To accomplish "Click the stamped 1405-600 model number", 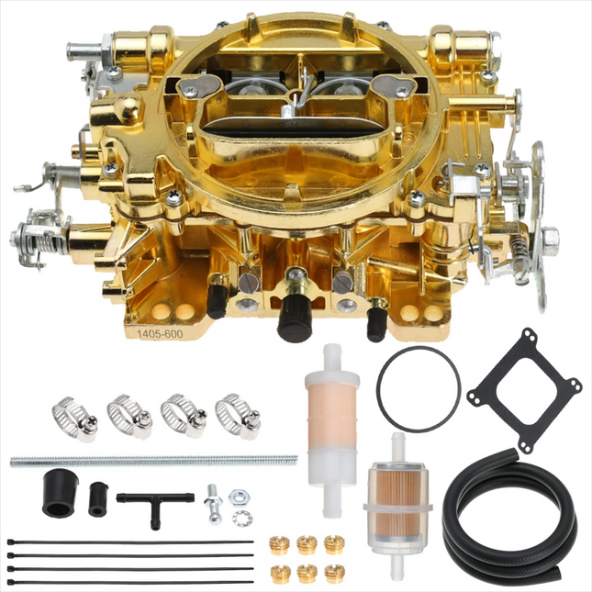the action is coord(160,334).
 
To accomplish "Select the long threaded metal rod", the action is coord(153,461).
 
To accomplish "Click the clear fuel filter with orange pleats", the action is coord(398,507).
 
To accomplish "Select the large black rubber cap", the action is coord(60,493).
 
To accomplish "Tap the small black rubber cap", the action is coord(98,498).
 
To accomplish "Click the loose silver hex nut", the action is coord(240,497).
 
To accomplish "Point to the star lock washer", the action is coord(240,519).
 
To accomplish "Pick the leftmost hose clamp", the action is coord(74,419).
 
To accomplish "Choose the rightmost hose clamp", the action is coord(238,416).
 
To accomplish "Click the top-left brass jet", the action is coord(279,545).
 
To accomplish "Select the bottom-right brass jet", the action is coord(334,574).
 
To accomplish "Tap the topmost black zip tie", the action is coord(130,542).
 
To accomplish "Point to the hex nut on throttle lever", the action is coord(550,237).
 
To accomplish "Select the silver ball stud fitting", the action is coord(213,504).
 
